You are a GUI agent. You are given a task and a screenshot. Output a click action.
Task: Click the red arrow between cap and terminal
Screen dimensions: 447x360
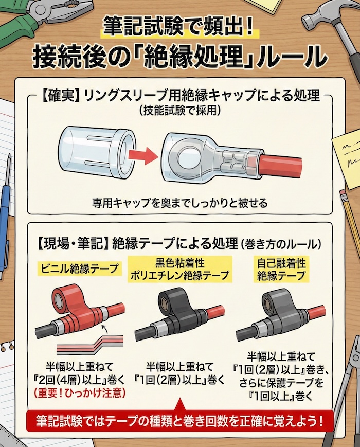(x=142, y=154)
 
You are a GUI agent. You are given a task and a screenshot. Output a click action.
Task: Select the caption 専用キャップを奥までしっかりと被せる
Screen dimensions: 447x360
(x=179, y=202)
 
